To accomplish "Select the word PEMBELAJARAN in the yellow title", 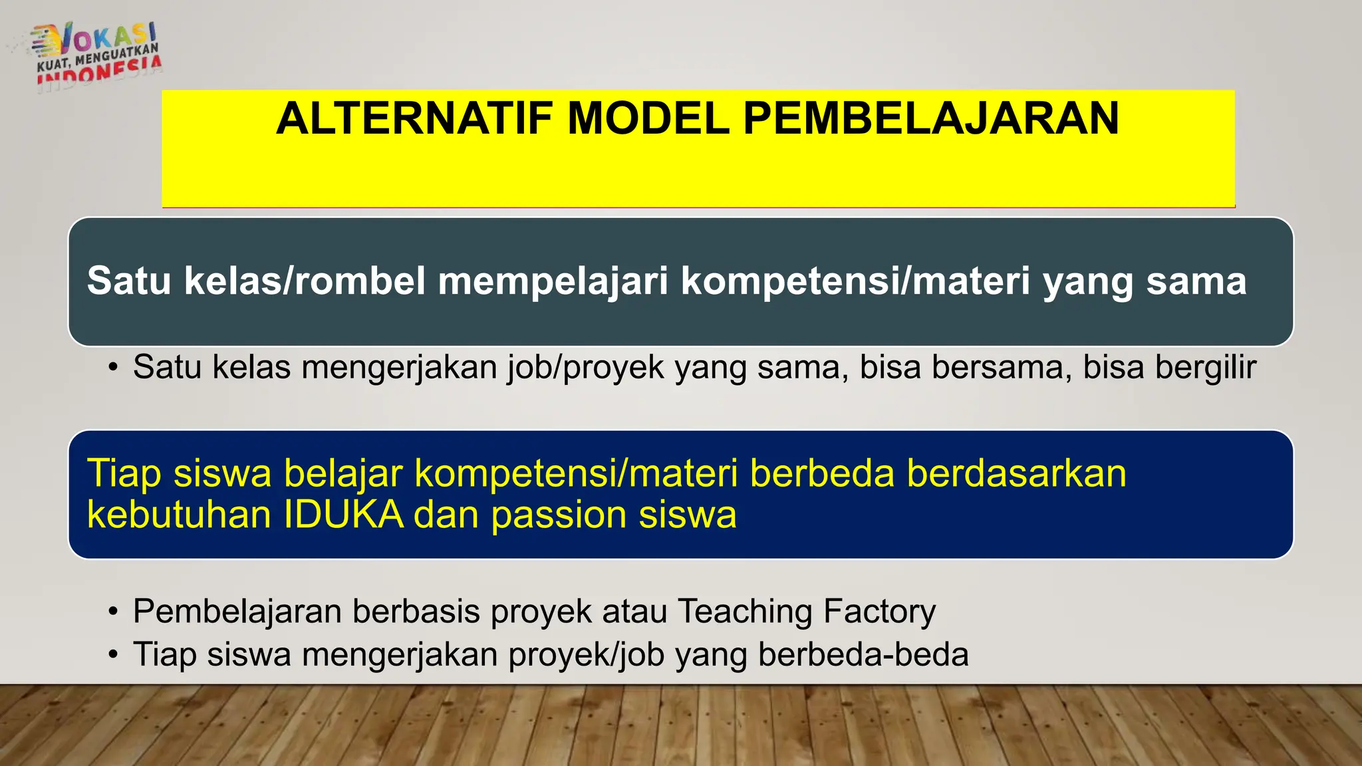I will (931, 118).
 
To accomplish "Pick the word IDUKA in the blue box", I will (344, 515).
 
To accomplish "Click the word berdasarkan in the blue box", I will (1016, 473).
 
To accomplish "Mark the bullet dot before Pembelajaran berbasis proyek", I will (114, 611).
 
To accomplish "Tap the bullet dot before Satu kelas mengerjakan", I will (114, 368).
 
